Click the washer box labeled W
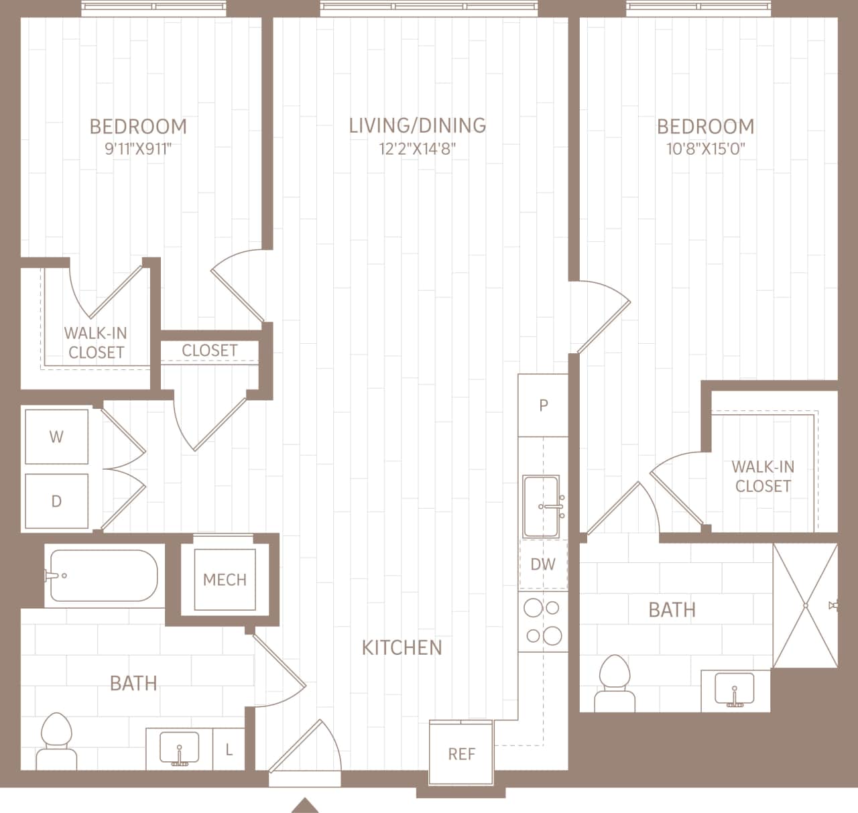56,436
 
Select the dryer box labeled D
56,501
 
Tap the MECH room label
225,580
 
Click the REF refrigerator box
461,753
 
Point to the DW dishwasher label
543,564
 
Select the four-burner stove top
543,621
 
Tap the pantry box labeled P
544,405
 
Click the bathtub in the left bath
104,576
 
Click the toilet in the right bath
615,684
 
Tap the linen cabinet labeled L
229,749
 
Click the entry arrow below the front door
305,804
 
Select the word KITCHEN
402,647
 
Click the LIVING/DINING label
418,125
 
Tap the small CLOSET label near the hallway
209,351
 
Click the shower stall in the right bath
805,605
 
